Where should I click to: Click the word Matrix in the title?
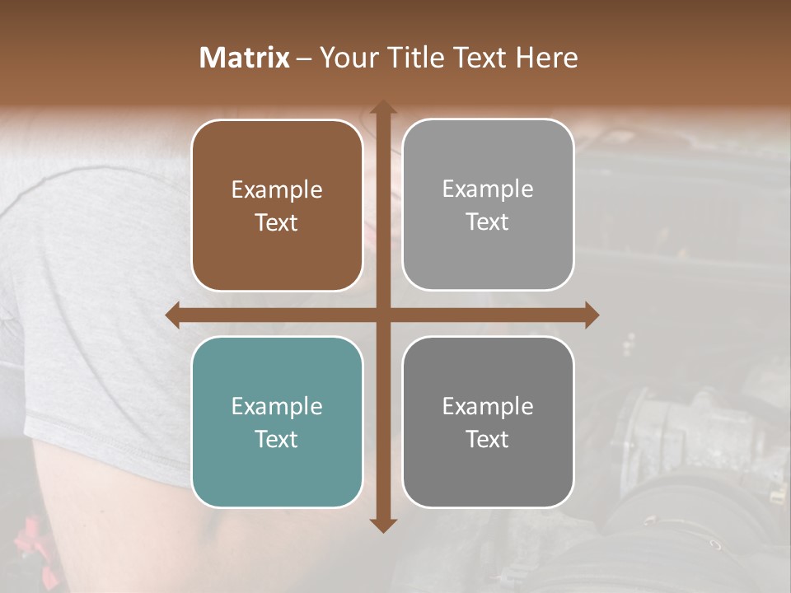coord(245,58)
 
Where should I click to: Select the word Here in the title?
coord(546,58)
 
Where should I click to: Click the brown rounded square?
coord(277,206)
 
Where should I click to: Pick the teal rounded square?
coord(277,423)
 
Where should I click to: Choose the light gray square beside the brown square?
coord(488,205)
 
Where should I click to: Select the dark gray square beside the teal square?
coord(488,423)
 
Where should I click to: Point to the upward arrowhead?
coord(382,108)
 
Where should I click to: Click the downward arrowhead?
coord(382,525)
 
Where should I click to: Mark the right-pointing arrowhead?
coord(592,315)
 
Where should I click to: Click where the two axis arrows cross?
coord(382,315)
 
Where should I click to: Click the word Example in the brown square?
coord(277,190)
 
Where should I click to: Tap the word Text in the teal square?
coord(277,439)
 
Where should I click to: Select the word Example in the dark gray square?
coord(488,406)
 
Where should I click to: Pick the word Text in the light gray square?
coord(488,222)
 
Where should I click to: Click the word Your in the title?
coord(346,58)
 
